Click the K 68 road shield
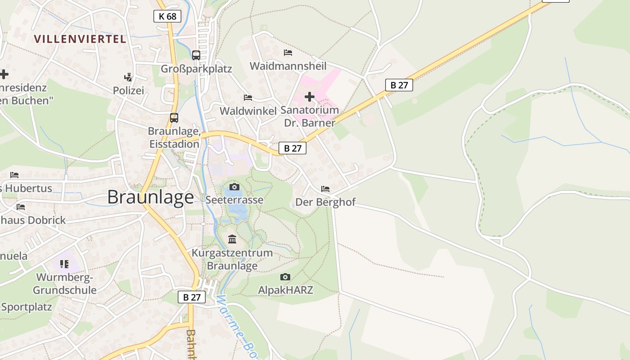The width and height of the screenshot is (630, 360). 167,17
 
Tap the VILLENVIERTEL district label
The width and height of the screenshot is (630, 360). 80,39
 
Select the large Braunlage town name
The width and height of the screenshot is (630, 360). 151,197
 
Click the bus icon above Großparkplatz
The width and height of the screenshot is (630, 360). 196,55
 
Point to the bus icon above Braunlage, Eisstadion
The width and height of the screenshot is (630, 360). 174,118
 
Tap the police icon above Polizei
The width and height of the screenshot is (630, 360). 128,77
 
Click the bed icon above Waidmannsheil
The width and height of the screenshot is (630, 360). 288,53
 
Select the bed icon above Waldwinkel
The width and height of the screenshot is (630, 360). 248,97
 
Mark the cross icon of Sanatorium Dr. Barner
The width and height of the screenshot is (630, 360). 310,97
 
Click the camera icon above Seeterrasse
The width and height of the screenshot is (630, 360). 234,187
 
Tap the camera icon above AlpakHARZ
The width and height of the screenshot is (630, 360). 285,277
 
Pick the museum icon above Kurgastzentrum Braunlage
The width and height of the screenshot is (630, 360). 232,239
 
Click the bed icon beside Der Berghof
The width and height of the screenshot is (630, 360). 325,189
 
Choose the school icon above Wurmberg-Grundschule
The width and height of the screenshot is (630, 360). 64,264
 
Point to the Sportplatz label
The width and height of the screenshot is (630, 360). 27,307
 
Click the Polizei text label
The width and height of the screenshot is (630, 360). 128,90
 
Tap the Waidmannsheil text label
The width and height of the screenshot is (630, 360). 288,66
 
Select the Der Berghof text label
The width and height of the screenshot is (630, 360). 325,202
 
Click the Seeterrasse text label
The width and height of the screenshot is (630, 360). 234,200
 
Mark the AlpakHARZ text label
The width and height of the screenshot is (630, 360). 285,290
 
